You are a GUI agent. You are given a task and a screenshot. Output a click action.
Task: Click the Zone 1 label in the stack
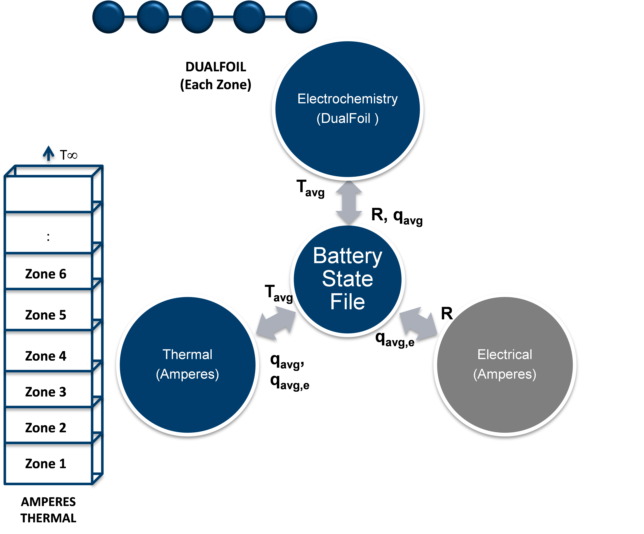click(46, 463)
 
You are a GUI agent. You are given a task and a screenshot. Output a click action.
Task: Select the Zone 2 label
click(46, 428)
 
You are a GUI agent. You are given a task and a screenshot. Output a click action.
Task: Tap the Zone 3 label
click(46, 392)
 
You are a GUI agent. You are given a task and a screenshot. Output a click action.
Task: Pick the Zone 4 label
click(46, 356)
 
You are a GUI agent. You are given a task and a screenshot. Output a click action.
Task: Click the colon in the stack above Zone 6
click(48, 237)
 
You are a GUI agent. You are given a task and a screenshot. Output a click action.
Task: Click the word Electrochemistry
click(347, 99)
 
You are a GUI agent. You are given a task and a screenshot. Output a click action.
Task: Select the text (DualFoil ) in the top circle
click(347, 118)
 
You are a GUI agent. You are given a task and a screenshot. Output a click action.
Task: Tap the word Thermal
click(187, 355)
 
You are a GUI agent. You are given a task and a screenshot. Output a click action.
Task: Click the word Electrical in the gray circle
click(505, 355)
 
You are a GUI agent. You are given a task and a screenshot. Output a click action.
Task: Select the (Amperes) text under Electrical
click(505, 374)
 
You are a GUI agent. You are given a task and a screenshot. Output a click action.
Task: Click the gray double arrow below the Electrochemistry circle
click(349, 201)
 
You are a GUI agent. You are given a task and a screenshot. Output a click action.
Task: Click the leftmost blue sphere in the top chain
click(108, 17)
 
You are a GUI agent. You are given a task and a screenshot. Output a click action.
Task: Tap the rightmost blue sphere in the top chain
click(301, 17)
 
